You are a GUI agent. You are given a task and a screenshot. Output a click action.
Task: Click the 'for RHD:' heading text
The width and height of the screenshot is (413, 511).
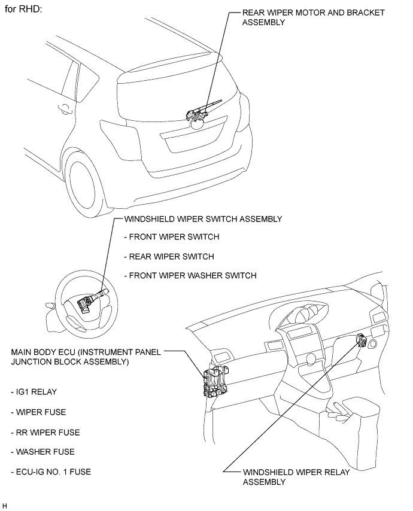point(23,11)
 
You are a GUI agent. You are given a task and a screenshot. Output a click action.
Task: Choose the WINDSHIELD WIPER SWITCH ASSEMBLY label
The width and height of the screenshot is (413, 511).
point(202,219)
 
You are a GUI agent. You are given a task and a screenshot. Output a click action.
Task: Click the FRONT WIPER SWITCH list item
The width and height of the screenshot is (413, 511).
point(171,237)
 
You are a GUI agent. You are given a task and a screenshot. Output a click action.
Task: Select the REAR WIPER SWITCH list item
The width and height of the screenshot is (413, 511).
point(168,256)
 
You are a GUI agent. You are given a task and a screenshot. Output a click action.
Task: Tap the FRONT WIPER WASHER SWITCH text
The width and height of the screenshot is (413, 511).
point(190,276)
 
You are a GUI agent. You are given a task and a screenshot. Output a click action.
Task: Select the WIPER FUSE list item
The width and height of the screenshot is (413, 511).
point(38,412)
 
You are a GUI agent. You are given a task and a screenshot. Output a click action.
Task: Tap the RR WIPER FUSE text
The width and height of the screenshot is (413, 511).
point(45,432)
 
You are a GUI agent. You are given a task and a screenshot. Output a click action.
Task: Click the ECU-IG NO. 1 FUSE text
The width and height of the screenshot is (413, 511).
point(51,472)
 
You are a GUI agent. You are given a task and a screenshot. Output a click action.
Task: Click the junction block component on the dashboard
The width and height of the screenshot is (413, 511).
point(217,381)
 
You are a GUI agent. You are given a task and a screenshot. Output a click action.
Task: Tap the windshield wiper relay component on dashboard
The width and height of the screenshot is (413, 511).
point(362,340)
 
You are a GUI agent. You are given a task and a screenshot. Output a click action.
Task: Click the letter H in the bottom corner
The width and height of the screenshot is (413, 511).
point(4,506)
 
